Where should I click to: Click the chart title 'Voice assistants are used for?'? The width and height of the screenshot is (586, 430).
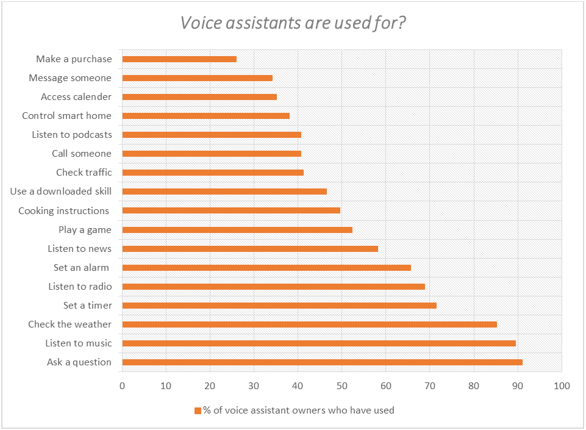293,23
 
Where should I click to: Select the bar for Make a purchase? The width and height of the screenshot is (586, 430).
179,59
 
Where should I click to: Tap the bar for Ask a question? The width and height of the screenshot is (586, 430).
322,362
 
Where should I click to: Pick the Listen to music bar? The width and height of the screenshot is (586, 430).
319,343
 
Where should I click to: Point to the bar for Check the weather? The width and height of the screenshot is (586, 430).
309,324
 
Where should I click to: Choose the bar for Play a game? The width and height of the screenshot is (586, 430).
237,230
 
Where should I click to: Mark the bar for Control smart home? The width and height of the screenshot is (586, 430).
205,116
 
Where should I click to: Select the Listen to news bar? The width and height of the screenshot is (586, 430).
250,249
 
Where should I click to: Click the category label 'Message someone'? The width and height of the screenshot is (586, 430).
70,78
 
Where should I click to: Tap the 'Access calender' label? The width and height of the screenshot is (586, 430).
76,97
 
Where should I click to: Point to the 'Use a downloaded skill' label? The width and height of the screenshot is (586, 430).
61,192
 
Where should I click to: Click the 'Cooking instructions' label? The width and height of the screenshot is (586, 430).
63,211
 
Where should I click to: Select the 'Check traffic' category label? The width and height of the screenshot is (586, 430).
84,173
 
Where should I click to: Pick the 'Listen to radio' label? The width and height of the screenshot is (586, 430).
80,287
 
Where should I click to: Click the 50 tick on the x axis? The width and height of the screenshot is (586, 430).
342,385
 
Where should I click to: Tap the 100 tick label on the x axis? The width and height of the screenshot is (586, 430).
561,385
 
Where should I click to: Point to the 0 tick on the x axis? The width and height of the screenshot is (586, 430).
123,385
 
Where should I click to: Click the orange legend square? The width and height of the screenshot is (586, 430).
198,410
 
